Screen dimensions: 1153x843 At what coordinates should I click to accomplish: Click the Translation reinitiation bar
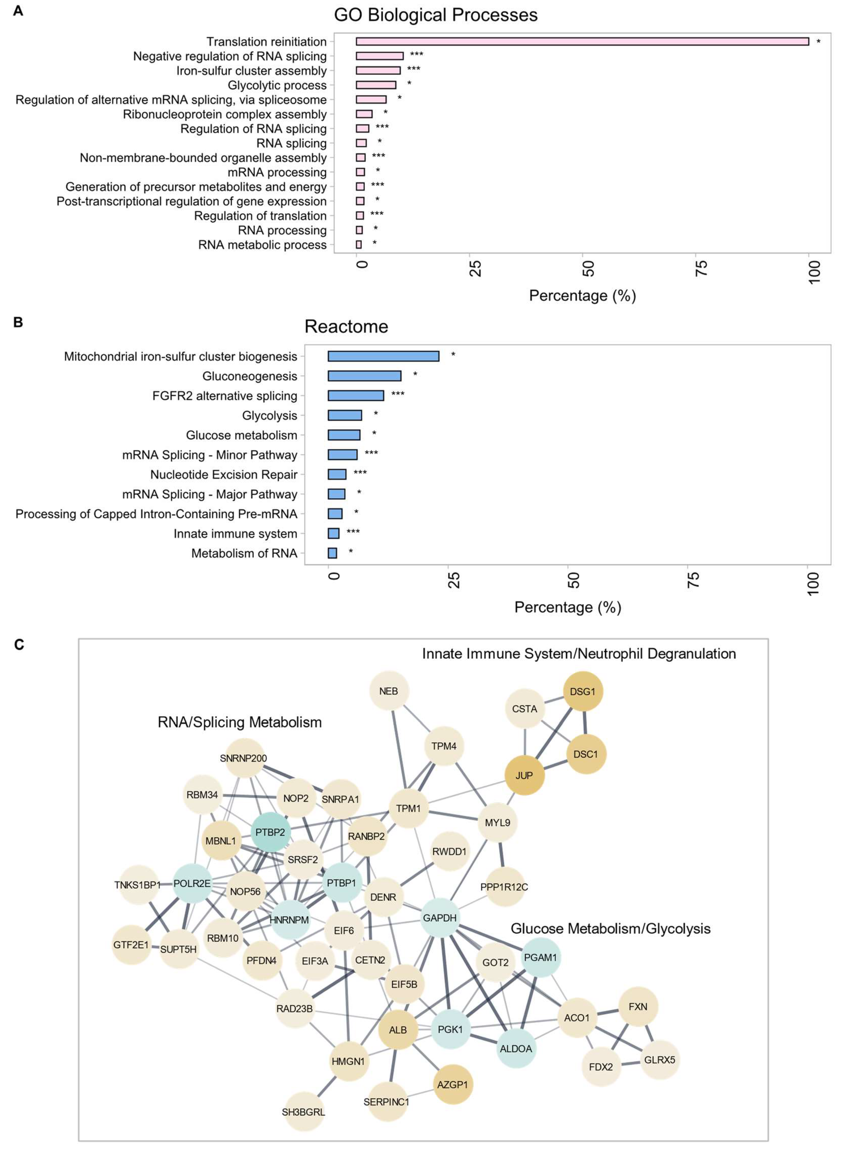point(582,41)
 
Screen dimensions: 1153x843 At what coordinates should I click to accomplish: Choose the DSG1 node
point(583,691)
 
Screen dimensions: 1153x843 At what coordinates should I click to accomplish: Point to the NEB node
point(388,691)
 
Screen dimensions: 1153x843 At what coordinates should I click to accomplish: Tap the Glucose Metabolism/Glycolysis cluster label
point(610,928)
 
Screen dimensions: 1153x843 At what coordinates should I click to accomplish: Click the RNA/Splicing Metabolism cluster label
point(239,722)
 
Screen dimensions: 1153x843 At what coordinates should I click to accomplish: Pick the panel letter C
point(19,645)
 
